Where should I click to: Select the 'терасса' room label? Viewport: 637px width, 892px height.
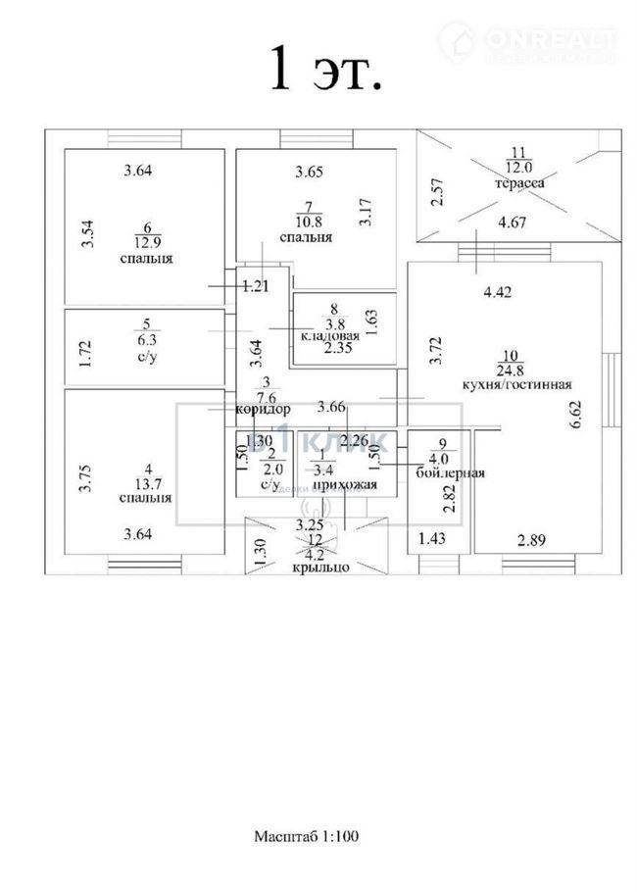point(520,182)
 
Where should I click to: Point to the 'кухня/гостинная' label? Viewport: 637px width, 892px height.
point(516,385)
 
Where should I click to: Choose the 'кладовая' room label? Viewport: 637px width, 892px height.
point(330,335)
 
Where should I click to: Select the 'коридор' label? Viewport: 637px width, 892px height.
point(264,409)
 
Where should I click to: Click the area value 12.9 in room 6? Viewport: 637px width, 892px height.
point(146,241)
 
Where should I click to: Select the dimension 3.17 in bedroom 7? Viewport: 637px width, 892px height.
point(365,213)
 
